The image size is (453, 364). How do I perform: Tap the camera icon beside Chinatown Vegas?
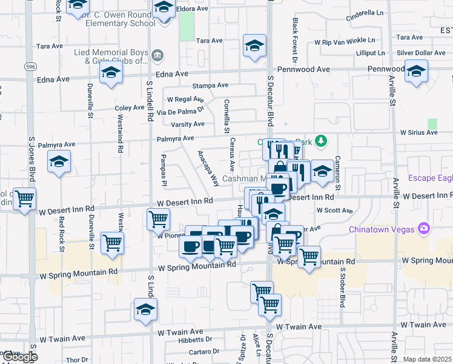point(423,228)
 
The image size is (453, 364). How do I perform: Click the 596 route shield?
point(29,65)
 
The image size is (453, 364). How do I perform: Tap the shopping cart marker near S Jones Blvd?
point(24,198)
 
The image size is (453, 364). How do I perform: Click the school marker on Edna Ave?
point(111,73)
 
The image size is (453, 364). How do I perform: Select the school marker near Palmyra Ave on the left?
point(59,162)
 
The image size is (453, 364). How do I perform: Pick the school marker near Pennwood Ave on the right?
point(416,70)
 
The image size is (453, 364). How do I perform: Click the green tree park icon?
point(321,142)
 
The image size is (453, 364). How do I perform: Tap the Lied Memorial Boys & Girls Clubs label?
point(111,56)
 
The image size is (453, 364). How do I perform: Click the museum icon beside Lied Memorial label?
point(157,56)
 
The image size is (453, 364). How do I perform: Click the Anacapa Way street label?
point(208,169)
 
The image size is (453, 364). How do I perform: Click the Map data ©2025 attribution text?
point(428,359)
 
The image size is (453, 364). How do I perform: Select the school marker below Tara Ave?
point(254,45)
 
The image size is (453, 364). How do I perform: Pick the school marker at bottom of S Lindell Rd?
point(144,310)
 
